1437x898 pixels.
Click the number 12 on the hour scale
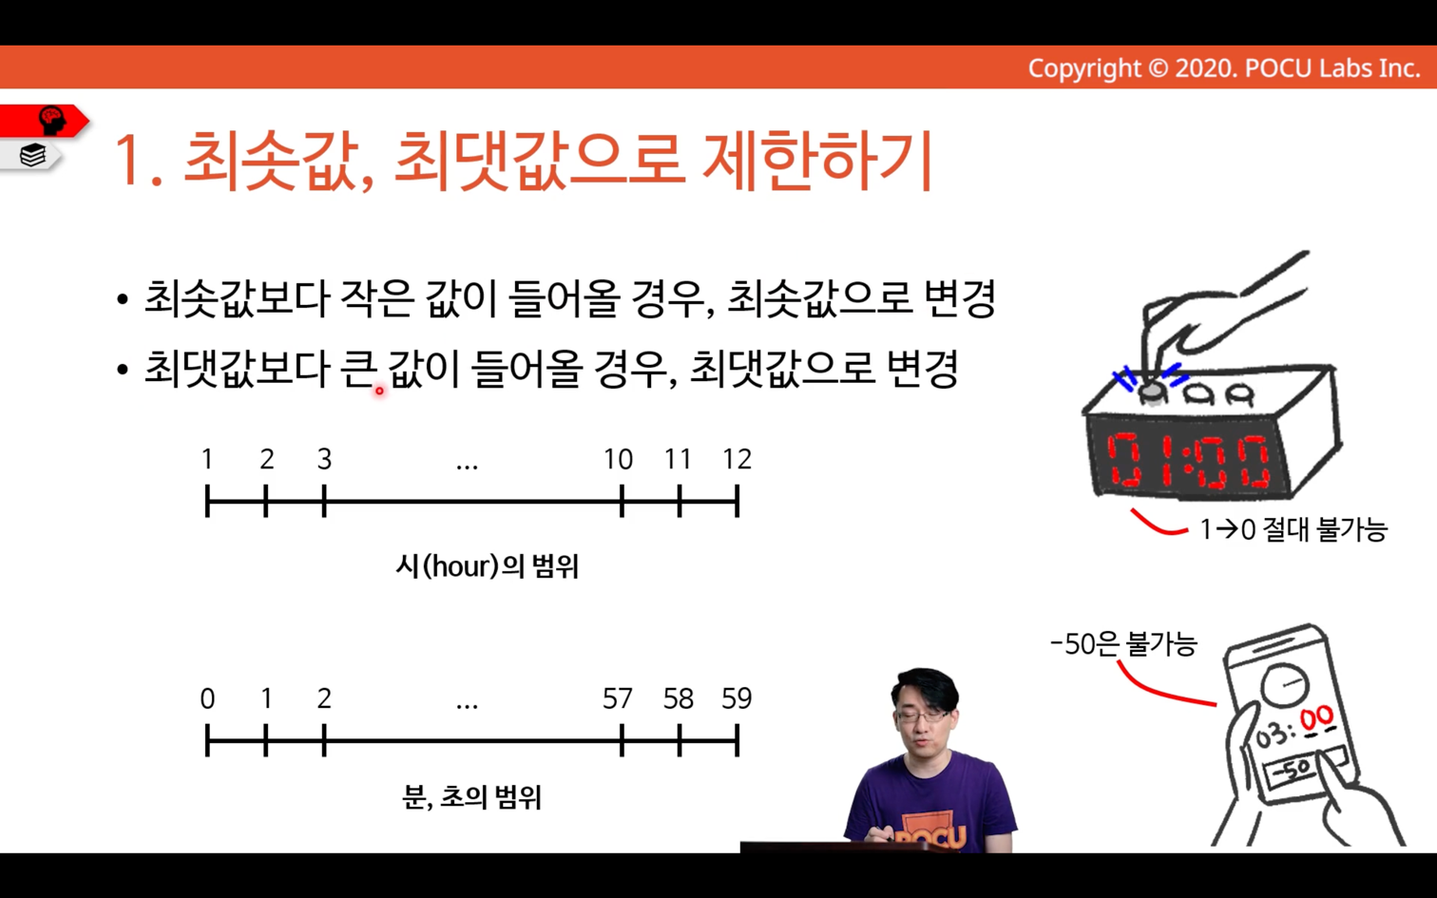[738, 459]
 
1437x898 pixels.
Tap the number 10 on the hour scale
[619, 459]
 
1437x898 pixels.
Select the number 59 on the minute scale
[737, 698]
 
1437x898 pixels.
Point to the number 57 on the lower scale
[618, 698]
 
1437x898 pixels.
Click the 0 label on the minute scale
[207, 698]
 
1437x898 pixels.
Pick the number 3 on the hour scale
[325, 459]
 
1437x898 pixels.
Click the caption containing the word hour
[488, 566]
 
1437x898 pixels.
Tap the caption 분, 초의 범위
[472, 797]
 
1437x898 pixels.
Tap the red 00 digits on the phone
[1317, 719]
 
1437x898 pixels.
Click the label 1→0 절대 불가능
[1293, 530]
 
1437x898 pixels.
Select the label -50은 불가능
[1123, 644]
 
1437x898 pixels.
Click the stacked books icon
[32, 156]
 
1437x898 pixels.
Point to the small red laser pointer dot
[379, 390]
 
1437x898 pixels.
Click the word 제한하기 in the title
[817, 160]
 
